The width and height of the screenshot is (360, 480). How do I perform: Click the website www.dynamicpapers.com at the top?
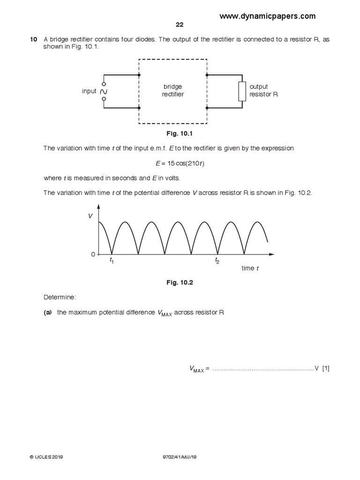(268, 16)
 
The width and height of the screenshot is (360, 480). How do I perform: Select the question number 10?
(33, 39)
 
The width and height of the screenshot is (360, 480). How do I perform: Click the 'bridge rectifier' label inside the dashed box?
(173, 90)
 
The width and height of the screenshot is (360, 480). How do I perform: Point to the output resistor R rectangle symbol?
(242, 91)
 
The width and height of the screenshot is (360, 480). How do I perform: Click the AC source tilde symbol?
(104, 91)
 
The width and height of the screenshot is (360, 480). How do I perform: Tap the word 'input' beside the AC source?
(89, 91)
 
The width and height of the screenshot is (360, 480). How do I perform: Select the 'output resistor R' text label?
(264, 90)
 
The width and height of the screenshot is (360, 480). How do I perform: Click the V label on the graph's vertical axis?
(91, 217)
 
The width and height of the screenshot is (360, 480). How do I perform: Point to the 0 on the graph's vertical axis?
(93, 254)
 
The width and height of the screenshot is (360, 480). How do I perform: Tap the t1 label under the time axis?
(112, 261)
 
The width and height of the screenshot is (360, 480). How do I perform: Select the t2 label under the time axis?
(217, 261)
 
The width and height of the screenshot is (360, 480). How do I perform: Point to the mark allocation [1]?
(326, 368)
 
